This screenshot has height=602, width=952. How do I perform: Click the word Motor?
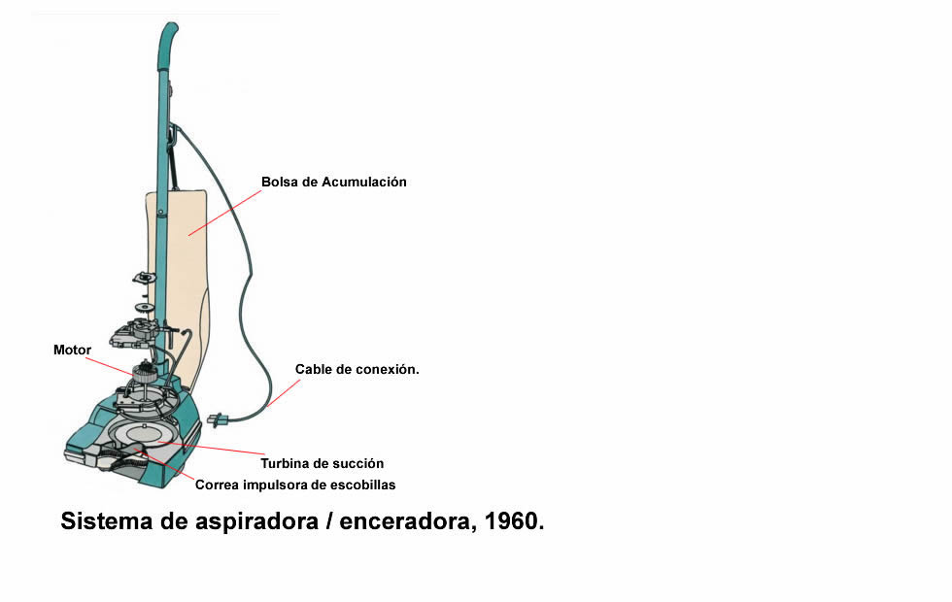coord(72,351)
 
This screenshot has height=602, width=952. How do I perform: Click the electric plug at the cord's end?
coord(217,419)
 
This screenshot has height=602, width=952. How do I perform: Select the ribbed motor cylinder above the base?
coord(145,372)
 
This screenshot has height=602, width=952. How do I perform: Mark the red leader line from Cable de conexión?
coord(283,393)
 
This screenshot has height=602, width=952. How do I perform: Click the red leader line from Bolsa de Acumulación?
coord(224,213)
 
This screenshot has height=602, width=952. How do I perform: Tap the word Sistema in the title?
coord(106,521)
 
